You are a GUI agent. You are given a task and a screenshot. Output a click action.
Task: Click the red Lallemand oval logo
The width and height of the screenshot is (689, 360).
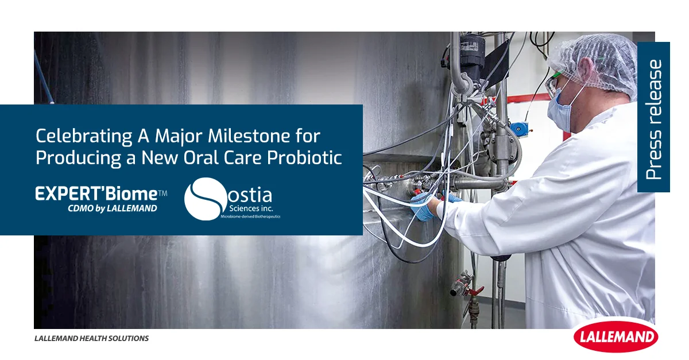(x=616, y=336)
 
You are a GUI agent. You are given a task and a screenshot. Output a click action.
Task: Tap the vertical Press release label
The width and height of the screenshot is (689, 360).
(x=653, y=119)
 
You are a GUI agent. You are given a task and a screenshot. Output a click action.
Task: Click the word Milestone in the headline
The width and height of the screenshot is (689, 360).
(x=249, y=136)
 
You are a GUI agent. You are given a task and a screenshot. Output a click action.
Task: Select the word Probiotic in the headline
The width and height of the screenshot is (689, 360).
(x=304, y=157)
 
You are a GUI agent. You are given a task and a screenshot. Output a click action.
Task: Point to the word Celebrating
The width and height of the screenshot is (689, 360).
(x=84, y=136)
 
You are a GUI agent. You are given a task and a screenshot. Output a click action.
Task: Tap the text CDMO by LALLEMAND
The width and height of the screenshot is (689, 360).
(x=113, y=208)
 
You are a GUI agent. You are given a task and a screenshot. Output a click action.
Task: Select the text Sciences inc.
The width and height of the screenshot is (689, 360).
(x=251, y=208)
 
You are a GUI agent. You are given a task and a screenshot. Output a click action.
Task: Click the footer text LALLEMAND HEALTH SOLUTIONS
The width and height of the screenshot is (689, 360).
(x=91, y=338)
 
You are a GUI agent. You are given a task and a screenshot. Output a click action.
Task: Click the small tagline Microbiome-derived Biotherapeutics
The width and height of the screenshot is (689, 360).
(x=250, y=216)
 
